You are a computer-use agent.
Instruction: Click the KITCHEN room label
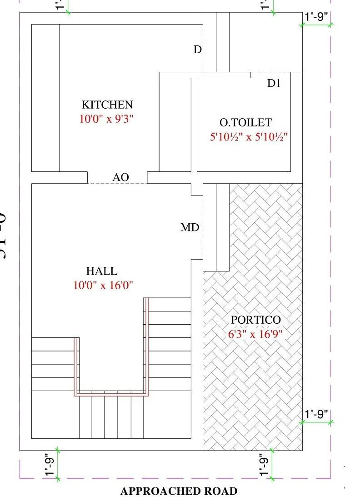(107, 105)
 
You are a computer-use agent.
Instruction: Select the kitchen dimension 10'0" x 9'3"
(107, 119)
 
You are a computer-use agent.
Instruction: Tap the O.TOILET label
(245, 122)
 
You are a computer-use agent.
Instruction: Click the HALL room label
(102, 271)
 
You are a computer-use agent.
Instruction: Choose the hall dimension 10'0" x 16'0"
(103, 286)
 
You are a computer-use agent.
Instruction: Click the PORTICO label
(256, 320)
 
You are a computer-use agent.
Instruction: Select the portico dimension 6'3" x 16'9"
(255, 334)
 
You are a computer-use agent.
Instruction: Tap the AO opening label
(121, 177)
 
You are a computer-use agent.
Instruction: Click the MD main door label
(190, 227)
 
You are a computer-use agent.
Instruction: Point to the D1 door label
(274, 83)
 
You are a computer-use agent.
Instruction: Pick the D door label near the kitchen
(197, 50)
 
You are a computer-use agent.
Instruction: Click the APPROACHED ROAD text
(179, 491)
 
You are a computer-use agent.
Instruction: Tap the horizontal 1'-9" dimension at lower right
(317, 415)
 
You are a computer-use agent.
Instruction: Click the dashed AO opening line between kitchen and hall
(117, 184)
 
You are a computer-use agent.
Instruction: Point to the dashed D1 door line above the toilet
(270, 72)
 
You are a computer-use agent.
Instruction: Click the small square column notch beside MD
(196, 190)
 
